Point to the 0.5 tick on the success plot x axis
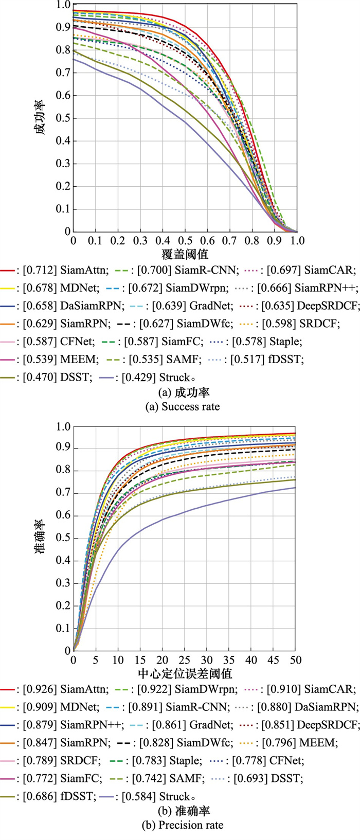185,241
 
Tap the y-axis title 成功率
41,117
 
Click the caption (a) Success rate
183,407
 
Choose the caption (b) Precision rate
183,826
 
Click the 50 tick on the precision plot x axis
295,660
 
